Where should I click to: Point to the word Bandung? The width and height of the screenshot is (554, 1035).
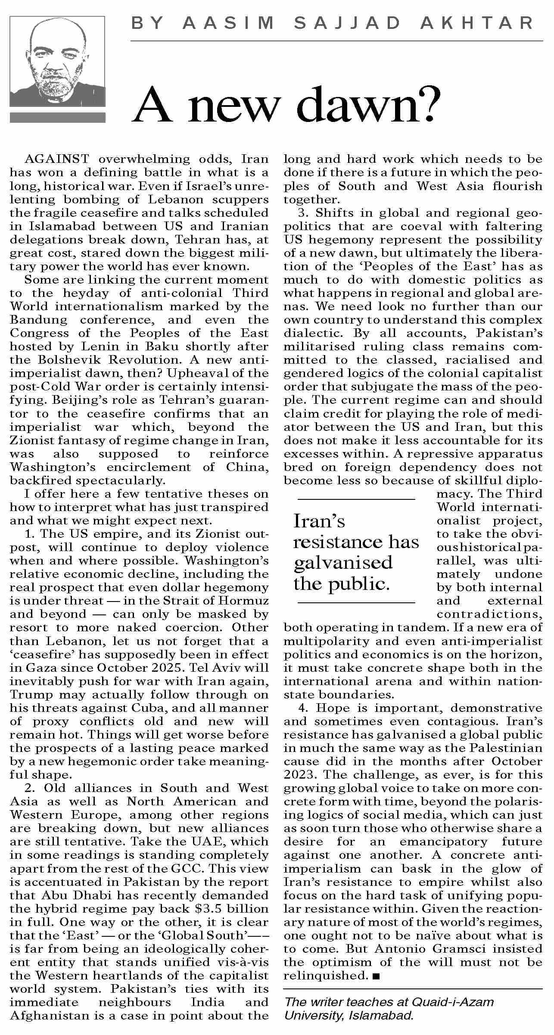pos(39,320)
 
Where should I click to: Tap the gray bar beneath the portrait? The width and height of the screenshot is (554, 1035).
pos(57,118)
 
